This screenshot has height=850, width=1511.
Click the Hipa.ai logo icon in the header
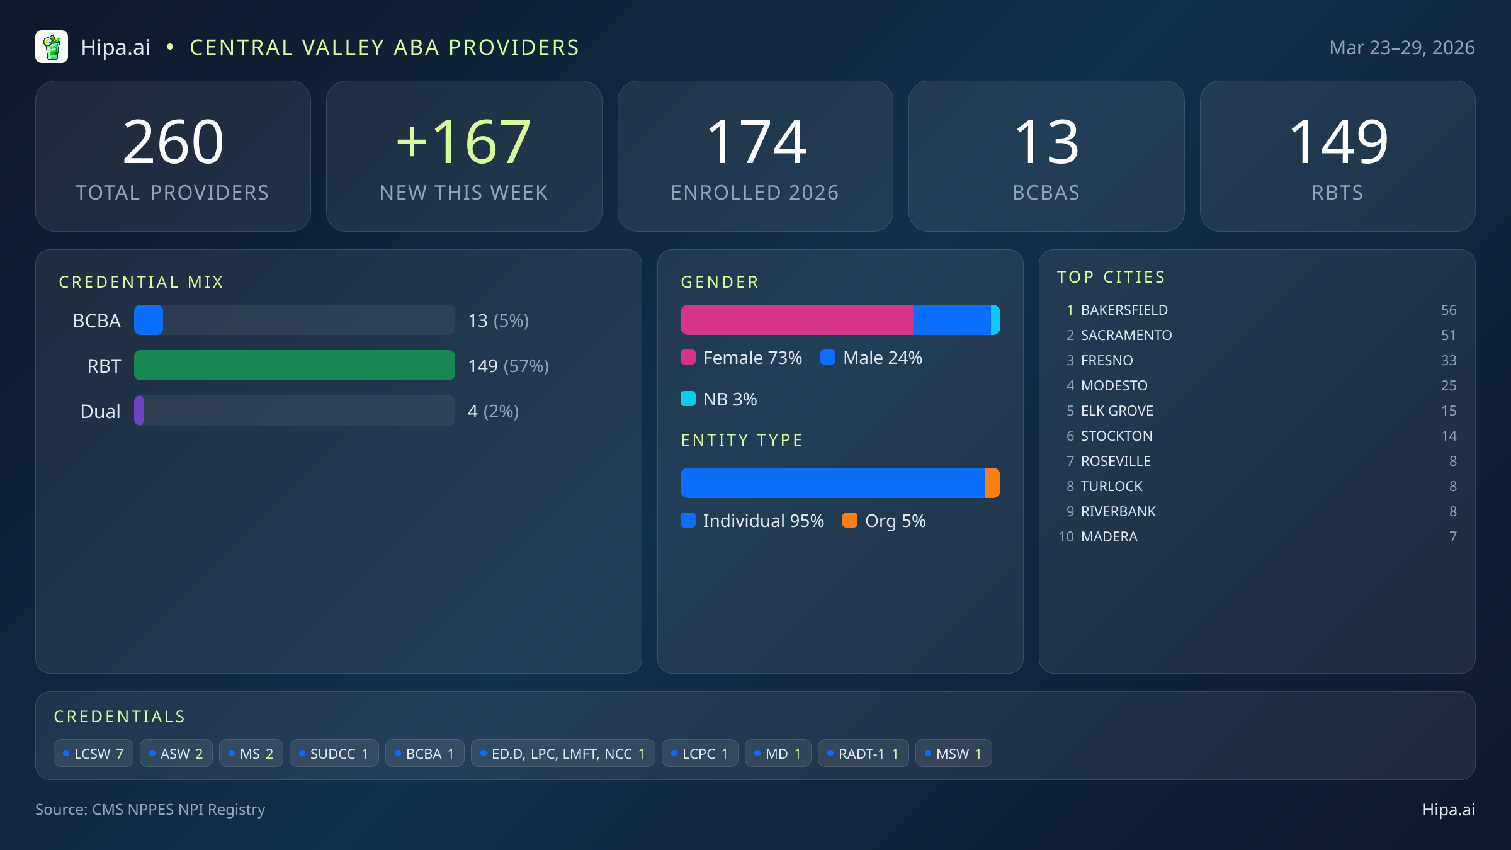(x=52, y=47)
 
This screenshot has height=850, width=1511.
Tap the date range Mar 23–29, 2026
(x=1401, y=48)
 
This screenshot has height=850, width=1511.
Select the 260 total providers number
(x=173, y=143)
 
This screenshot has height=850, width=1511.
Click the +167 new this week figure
(x=464, y=143)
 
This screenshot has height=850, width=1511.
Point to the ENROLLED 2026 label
(x=755, y=193)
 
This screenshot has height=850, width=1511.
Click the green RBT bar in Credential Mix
(x=294, y=366)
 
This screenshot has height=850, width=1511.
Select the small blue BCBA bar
(x=149, y=320)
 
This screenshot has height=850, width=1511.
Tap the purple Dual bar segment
(x=139, y=411)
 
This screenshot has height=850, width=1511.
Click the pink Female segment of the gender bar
(x=796, y=320)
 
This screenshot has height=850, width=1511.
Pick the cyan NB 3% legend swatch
(x=688, y=399)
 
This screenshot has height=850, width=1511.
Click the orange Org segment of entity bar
(x=992, y=483)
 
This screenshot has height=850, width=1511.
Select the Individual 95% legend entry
(x=753, y=521)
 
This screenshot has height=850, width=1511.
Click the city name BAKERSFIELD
(x=1124, y=310)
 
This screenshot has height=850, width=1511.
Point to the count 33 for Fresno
(x=1448, y=360)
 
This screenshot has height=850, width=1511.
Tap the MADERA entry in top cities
(x=1109, y=536)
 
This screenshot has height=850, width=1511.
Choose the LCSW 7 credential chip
(x=93, y=754)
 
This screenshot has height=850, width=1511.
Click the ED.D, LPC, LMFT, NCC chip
(x=562, y=754)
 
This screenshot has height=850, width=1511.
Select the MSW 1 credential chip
(x=953, y=754)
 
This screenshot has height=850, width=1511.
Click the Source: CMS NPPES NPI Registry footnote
(x=150, y=810)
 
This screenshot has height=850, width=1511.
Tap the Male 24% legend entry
(x=872, y=358)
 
